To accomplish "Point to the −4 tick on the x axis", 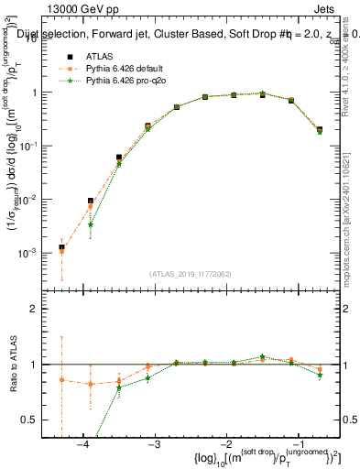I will click(82, 444).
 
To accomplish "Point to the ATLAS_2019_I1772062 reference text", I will click(191, 274).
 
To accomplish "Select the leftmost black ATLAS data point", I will click(61, 247).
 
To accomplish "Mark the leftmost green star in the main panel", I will click(90, 224).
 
